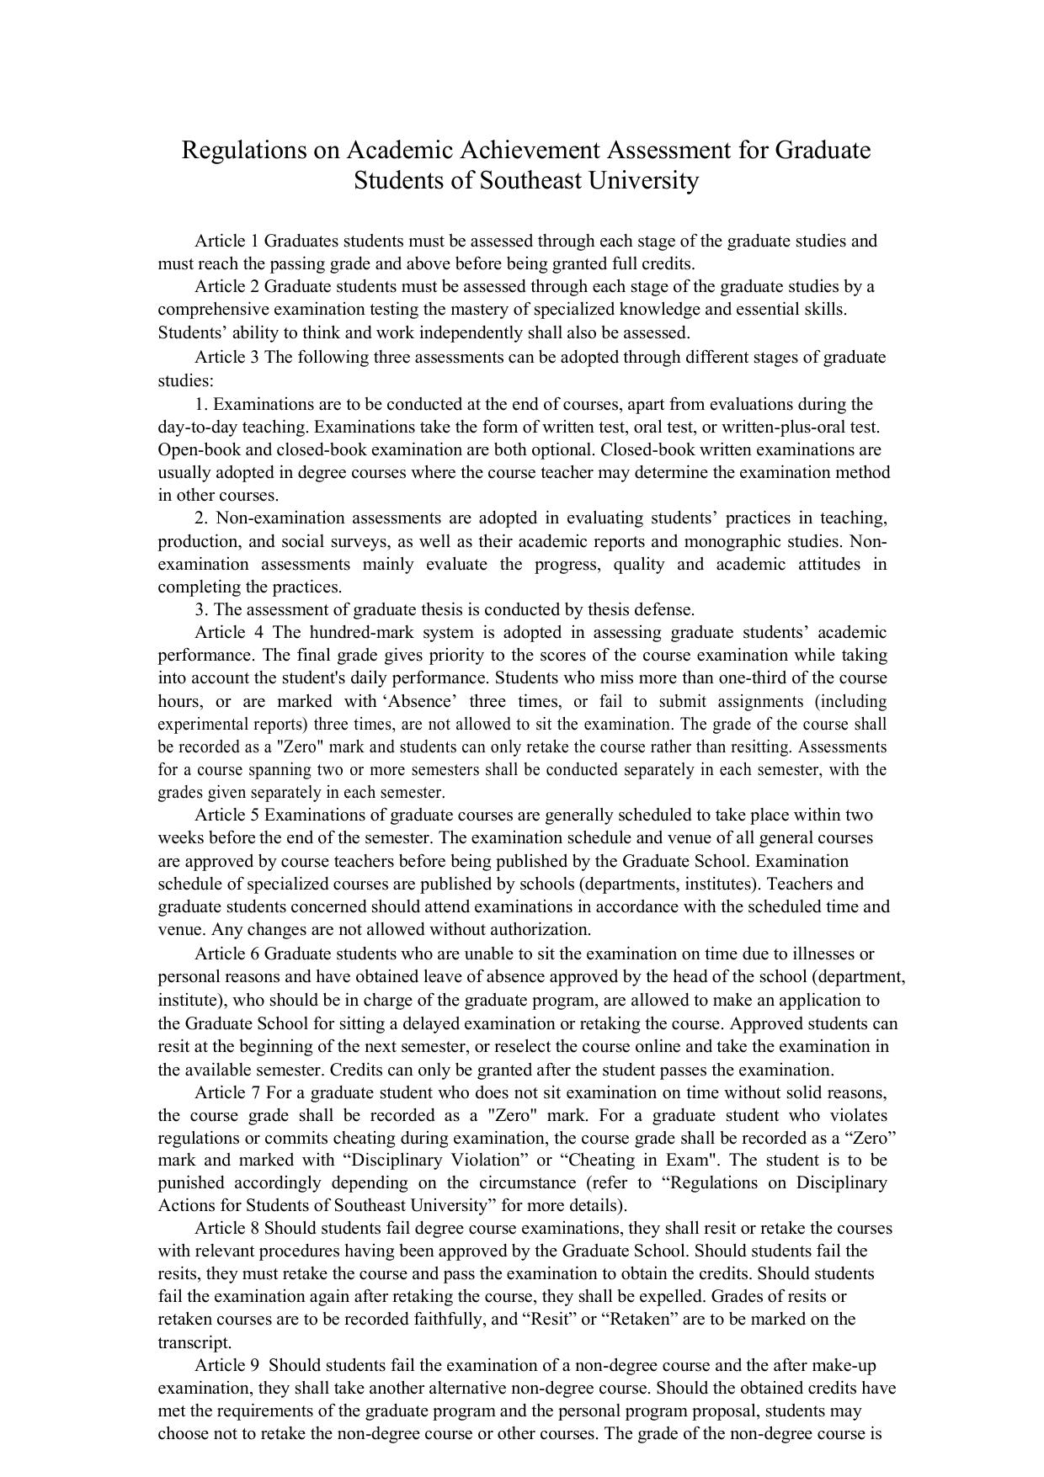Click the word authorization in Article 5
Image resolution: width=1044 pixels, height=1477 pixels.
[x=539, y=930]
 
